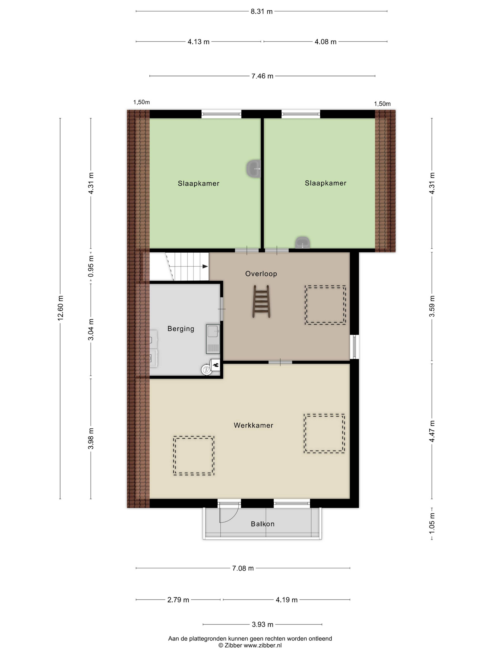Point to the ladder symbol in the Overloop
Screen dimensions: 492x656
(x=261, y=301)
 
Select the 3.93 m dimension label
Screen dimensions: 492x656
(x=262, y=625)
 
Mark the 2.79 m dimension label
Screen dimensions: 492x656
(x=178, y=600)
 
